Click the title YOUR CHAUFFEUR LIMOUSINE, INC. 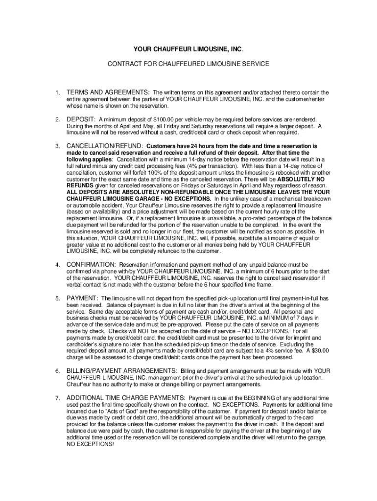point(188,49)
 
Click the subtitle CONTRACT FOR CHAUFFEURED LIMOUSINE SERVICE point(188,64)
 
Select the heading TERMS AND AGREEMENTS point(108,92)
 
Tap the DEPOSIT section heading point(81,119)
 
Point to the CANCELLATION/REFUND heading point(105,146)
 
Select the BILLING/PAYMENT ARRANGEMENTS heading point(122,371)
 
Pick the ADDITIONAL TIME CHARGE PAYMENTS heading point(126,398)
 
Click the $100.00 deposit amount point(162,120)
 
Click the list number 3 point(57,146)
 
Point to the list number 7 point(57,398)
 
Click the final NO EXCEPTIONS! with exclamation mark point(90,445)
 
